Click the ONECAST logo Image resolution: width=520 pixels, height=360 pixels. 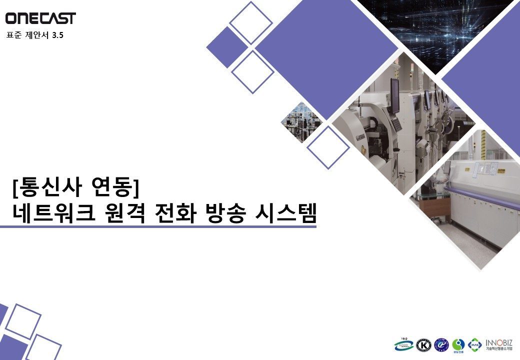pos(40,18)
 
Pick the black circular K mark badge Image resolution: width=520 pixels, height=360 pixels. pos(424,345)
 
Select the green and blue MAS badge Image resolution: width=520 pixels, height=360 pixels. pos(475,345)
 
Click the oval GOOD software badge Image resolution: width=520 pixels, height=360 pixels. pos(403,344)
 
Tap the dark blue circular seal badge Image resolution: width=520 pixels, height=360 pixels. pos(441,345)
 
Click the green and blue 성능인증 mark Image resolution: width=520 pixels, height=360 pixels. pos(458,345)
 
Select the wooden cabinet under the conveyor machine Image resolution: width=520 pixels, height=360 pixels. pos(431,205)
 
